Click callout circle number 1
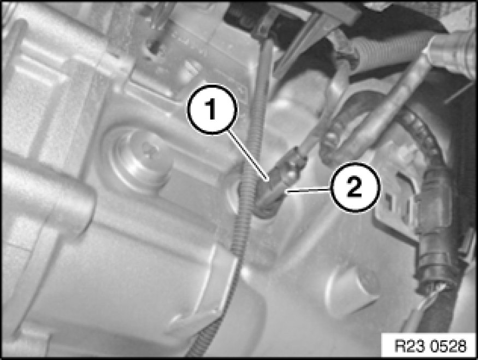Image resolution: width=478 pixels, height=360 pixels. (213, 109)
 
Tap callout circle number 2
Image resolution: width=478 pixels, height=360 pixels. (356, 187)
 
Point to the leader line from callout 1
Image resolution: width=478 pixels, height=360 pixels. (249, 156)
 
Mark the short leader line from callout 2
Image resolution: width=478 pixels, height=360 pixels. (308, 191)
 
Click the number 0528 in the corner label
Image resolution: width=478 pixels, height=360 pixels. (450, 346)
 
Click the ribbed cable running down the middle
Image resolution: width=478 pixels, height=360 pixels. (243, 214)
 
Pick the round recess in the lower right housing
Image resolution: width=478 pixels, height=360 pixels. (351, 287)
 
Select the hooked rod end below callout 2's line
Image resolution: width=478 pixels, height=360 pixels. (266, 207)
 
